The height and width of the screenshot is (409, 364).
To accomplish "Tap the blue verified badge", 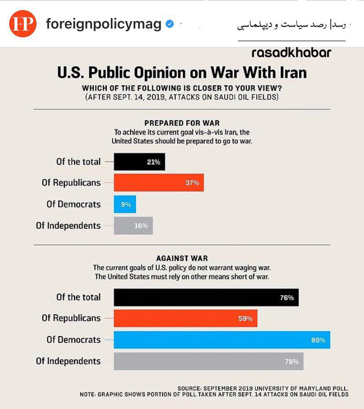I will (x=170, y=24).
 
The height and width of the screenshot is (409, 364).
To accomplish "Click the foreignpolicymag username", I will (x=103, y=24).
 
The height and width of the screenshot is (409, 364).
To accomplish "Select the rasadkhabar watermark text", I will (x=291, y=53).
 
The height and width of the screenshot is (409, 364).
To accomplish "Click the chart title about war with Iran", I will (x=182, y=72).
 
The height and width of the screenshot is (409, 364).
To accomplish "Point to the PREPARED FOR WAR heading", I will (x=182, y=123).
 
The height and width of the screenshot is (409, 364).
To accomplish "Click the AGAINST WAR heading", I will (x=182, y=258).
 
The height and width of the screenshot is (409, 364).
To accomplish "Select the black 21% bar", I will (x=139, y=162).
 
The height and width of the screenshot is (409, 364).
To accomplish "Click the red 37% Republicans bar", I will (x=159, y=183).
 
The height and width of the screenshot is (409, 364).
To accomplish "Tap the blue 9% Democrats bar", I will (x=125, y=204).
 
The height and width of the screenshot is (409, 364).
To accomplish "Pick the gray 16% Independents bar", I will (x=133, y=226).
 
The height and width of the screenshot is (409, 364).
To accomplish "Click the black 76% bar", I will (x=206, y=297).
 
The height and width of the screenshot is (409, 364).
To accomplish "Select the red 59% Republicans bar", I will (x=186, y=319).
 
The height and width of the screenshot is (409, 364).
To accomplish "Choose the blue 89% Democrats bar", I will (x=222, y=340).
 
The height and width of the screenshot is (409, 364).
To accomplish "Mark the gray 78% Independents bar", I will (x=208, y=361).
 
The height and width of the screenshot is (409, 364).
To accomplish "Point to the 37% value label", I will (x=192, y=183).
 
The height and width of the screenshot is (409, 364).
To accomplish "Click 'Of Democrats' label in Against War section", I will (x=73, y=340).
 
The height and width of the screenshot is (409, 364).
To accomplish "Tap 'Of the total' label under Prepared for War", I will (x=78, y=162).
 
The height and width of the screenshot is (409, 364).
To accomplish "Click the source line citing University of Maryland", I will (x=263, y=388).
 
